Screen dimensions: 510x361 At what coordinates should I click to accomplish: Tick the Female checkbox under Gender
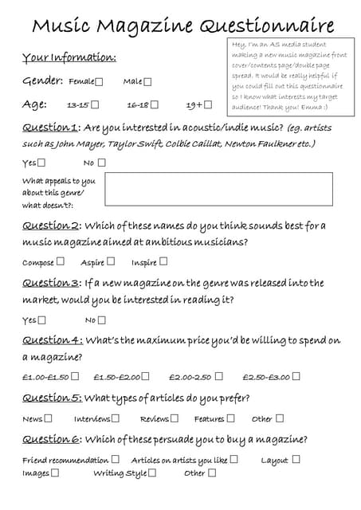coord(99,81)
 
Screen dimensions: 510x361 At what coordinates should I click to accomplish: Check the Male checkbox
coord(147,81)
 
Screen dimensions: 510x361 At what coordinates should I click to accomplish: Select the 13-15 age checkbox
coord(95,104)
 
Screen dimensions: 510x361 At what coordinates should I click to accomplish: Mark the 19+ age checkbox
coord(208,104)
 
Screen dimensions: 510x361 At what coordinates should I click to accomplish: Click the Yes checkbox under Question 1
coord(41,163)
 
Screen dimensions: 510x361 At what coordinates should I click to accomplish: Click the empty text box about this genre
coord(218,189)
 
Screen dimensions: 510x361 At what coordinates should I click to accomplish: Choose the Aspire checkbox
coord(111,261)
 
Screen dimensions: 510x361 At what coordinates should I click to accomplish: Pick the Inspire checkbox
coord(163,261)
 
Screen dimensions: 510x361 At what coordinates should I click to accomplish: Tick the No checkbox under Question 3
coord(101,320)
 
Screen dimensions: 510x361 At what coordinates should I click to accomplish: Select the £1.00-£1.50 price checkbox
coord(75,377)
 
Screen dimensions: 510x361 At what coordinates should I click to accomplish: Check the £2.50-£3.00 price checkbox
coord(296,377)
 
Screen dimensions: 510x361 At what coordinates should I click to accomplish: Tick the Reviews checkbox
coord(175,418)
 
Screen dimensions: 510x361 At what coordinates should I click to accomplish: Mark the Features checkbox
coord(230,418)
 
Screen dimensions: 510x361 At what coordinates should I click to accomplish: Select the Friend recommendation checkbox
coord(115,460)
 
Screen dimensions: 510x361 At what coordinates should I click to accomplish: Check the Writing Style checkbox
coord(151,473)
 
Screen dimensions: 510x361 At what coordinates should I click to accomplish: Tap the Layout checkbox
coord(296,460)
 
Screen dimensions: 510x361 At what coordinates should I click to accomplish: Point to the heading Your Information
coord(69,58)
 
